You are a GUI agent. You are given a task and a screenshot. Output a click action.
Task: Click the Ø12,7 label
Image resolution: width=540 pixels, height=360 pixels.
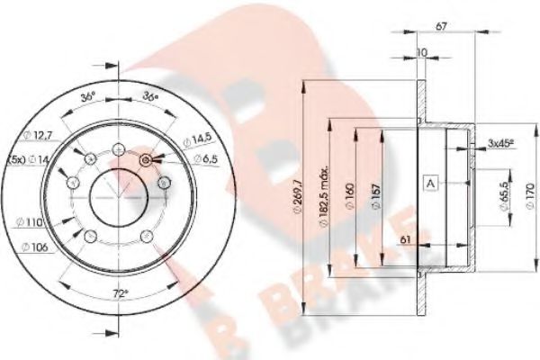click(35, 136)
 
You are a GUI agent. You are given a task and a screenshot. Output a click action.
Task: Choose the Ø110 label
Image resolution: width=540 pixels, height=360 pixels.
click(34, 221)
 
